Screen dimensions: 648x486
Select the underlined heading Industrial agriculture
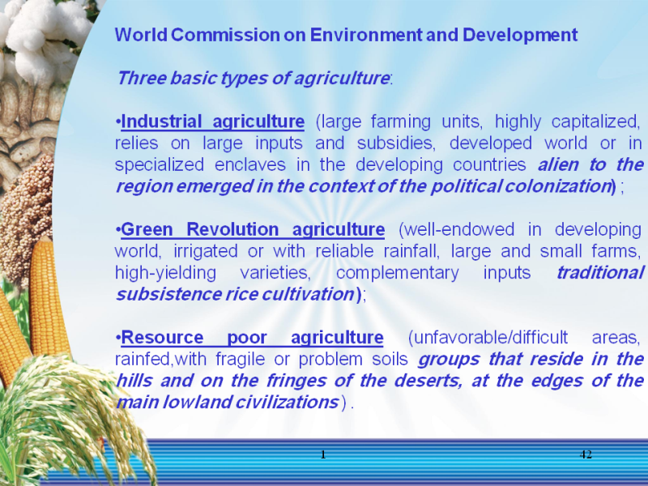[213, 122]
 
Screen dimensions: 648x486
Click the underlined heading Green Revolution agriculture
[253, 230]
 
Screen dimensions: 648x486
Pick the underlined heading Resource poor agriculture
[252, 338]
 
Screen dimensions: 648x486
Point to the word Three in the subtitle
[141, 78]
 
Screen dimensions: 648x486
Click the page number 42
[586, 454]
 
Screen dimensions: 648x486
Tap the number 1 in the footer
[323, 454]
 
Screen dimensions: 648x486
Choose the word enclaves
[250, 164]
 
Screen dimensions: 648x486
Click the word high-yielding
[165, 273]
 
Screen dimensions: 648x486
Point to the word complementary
[397, 273]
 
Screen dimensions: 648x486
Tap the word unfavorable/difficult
[488, 338]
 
